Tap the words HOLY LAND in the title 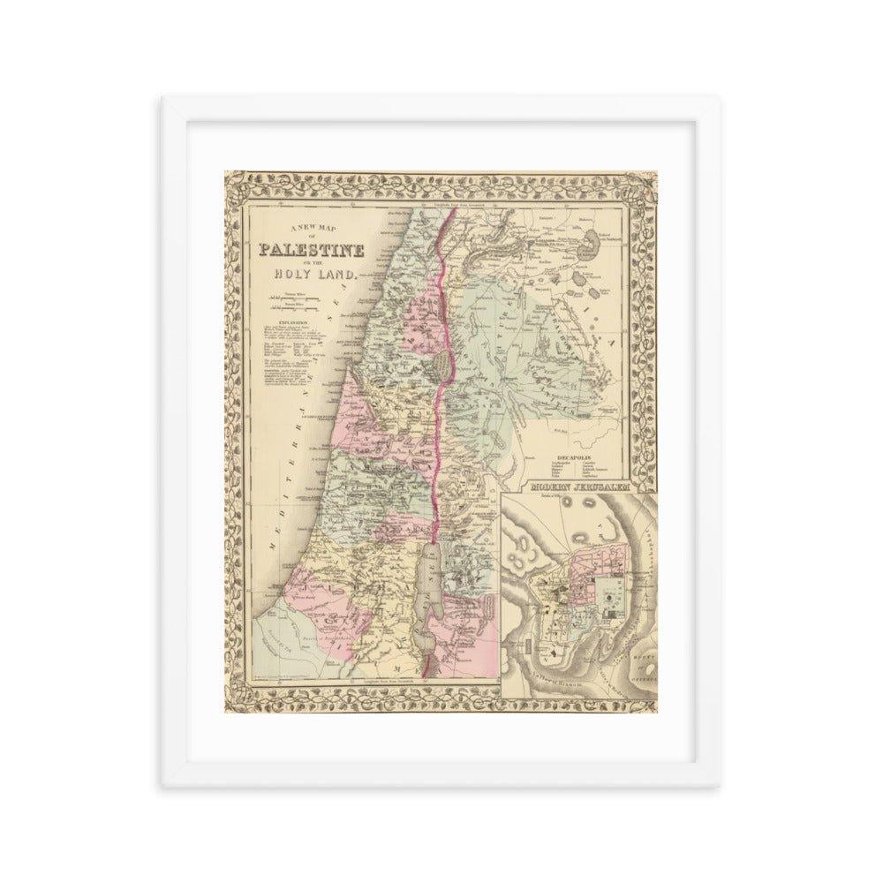pos(313,274)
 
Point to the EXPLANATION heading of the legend pos(280,325)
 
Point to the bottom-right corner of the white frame pos(719,786)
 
